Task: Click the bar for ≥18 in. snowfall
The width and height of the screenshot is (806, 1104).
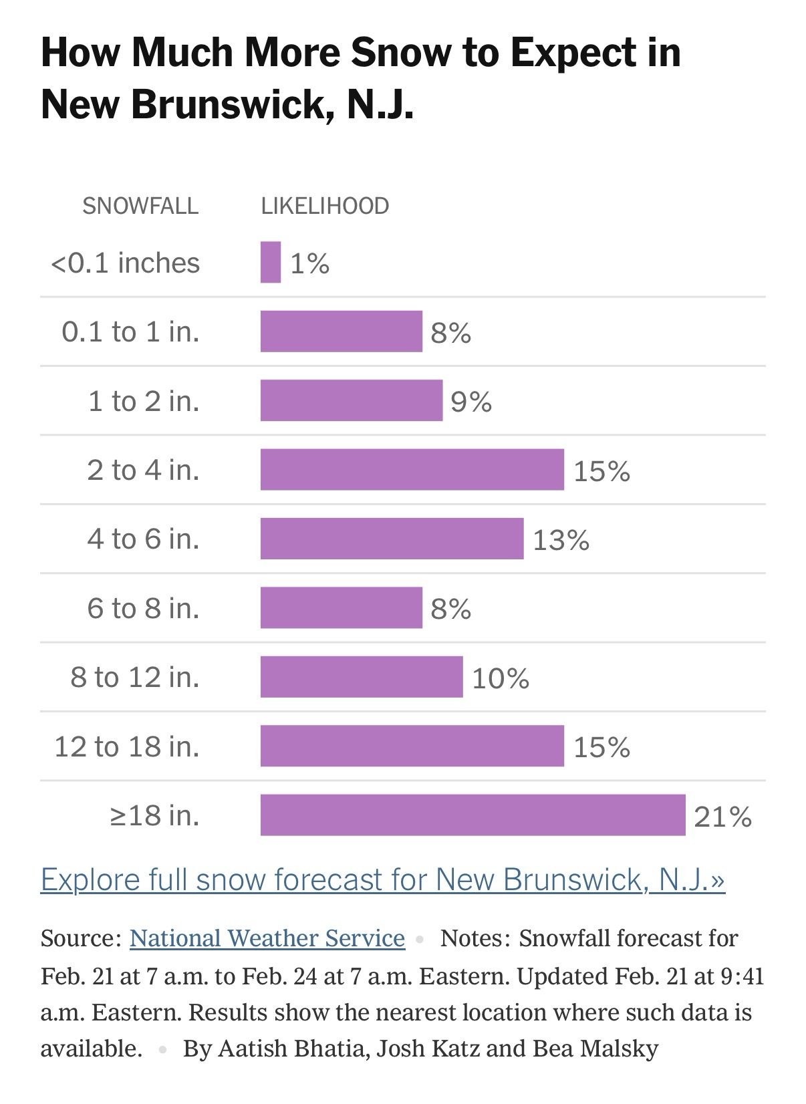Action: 473,815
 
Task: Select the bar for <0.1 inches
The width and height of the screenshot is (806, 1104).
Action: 271,263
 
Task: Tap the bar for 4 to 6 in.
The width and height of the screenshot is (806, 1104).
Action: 392,539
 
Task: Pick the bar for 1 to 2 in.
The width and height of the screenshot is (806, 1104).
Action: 352,400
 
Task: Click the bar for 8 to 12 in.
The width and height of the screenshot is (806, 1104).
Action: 362,676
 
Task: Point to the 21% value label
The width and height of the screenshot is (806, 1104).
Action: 722,817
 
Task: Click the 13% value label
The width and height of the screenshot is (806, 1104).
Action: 561,540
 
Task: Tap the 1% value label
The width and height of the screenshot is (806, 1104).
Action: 309,264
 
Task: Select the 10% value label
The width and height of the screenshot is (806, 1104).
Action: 501,678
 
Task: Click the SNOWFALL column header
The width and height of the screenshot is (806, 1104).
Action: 140,206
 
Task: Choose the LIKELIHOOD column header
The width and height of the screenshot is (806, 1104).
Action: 325,206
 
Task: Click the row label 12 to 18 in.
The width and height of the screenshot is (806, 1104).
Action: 127,746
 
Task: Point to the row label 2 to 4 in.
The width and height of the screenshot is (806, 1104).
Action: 143,470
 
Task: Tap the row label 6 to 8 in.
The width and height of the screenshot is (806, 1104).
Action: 143,608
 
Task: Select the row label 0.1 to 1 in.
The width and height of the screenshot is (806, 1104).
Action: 131,331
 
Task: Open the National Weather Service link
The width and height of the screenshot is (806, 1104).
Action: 267,938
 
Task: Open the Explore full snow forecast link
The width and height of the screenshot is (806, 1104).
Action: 382,879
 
